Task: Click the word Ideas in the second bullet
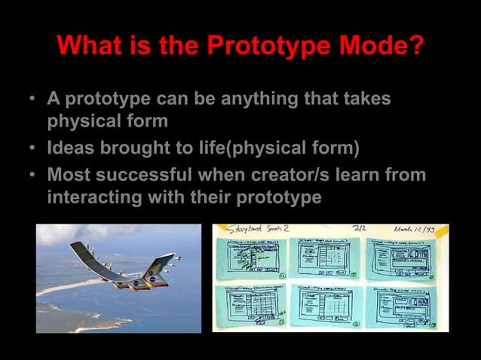pyautogui.click(x=72, y=147)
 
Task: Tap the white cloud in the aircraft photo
pyautogui.click(x=75, y=235)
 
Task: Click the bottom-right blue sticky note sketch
pyautogui.click(x=403, y=305)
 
